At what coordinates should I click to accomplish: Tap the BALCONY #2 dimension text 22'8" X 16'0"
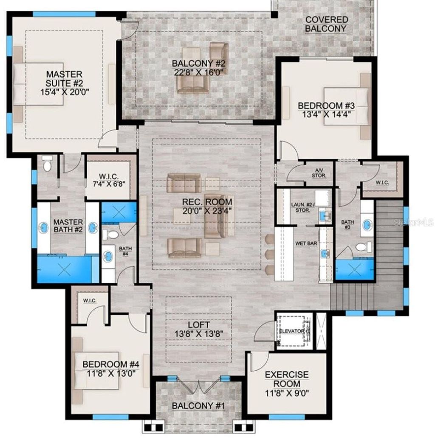[x=198, y=72]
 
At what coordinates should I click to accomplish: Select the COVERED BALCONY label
[x=327, y=24]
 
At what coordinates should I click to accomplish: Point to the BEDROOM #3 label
[x=320, y=105]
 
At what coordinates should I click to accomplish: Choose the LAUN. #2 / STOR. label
[x=300, y=207]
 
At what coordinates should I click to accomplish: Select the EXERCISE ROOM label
[x=287, y=379]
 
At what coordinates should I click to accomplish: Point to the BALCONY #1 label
[x=198, y=406]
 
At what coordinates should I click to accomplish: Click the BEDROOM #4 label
[x=110, y=364]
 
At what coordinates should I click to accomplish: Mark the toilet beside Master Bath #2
[x=48, y=164]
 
